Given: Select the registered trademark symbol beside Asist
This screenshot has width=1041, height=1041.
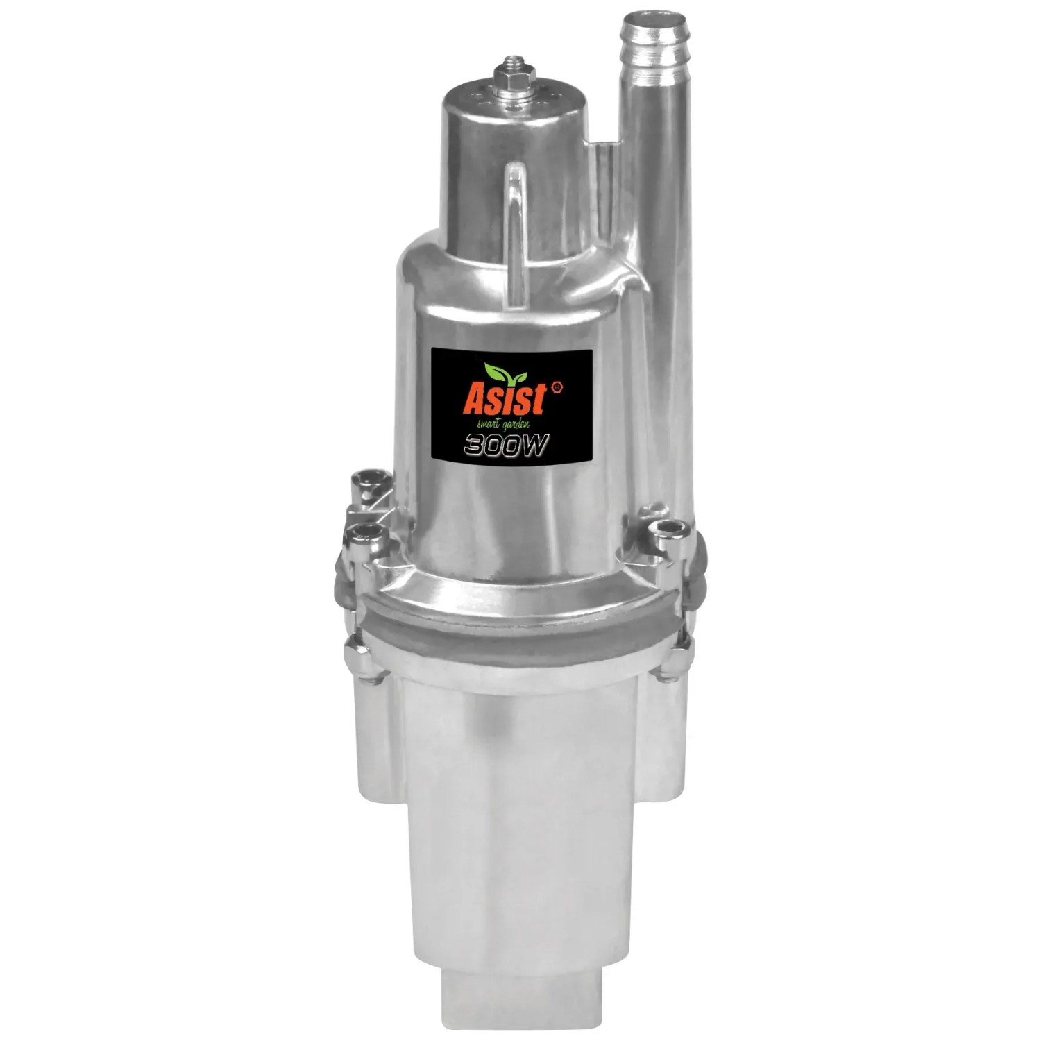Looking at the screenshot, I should (557, 389).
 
